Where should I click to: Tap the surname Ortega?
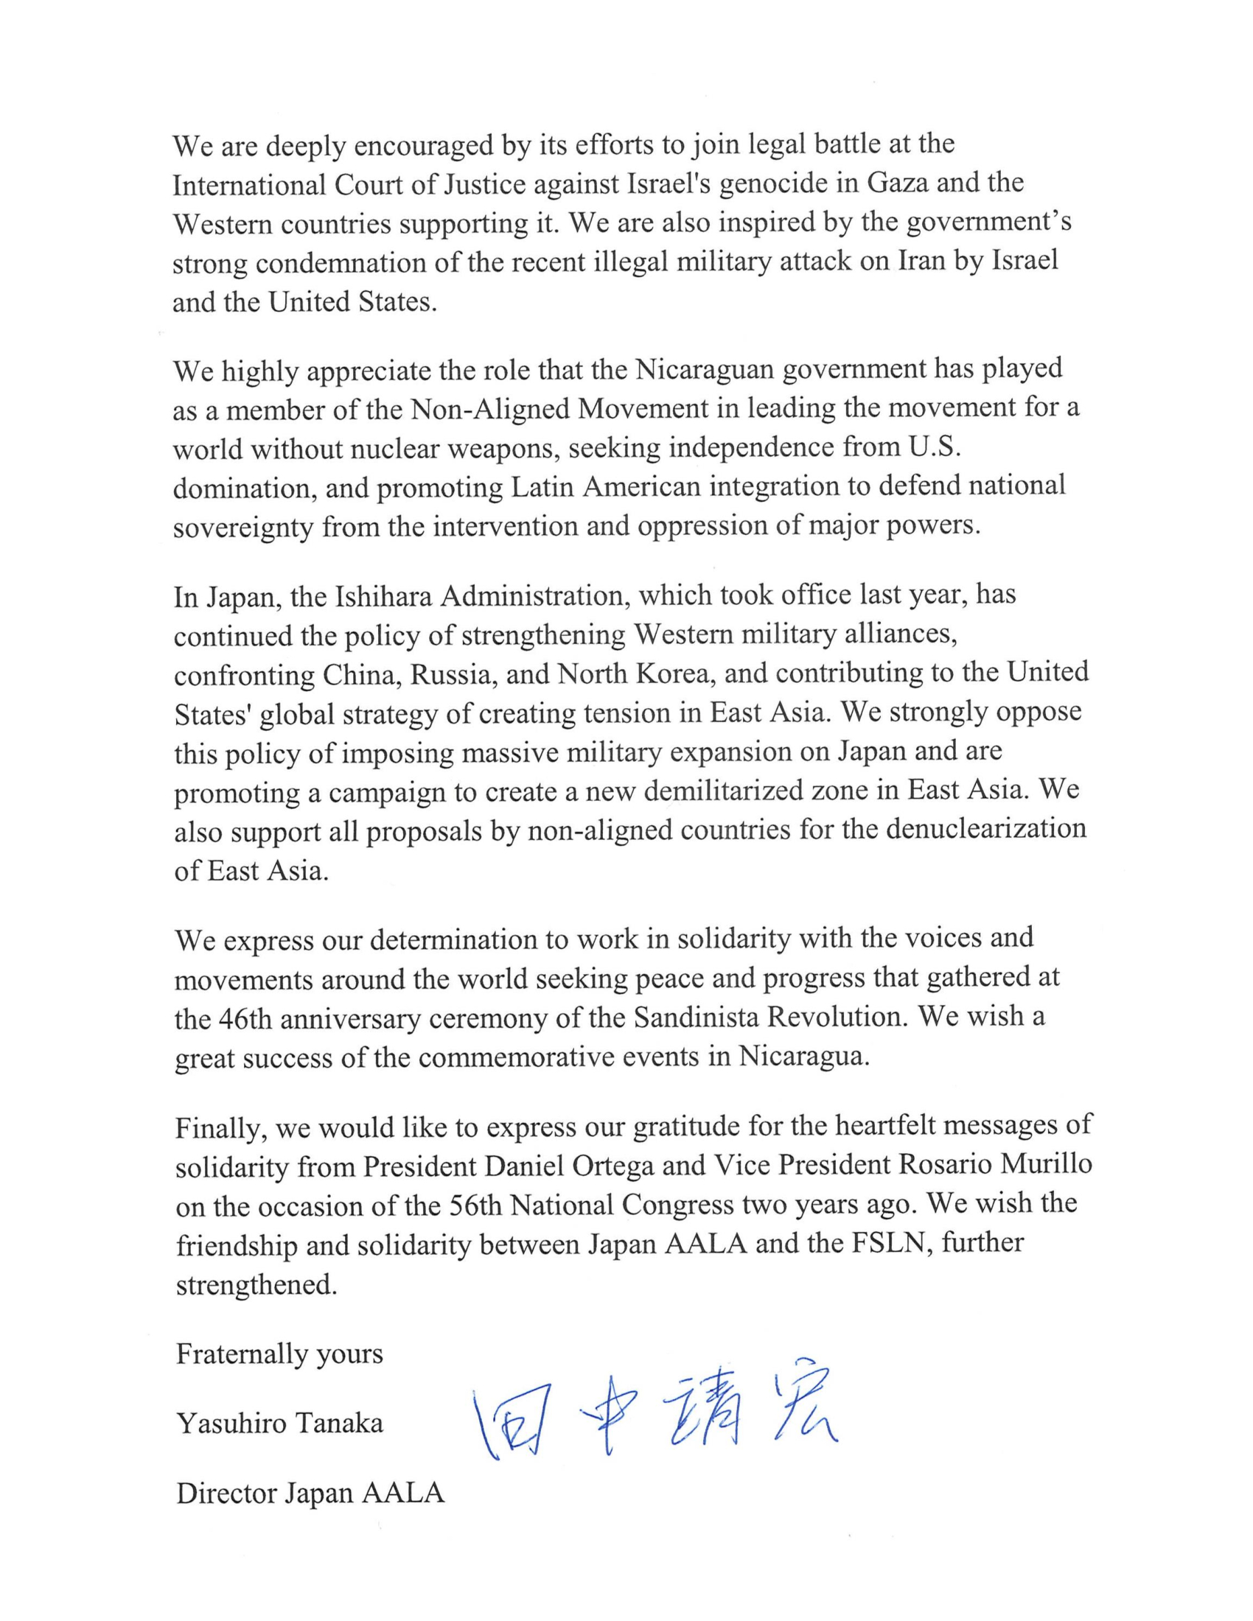[x=613, y=1167]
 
